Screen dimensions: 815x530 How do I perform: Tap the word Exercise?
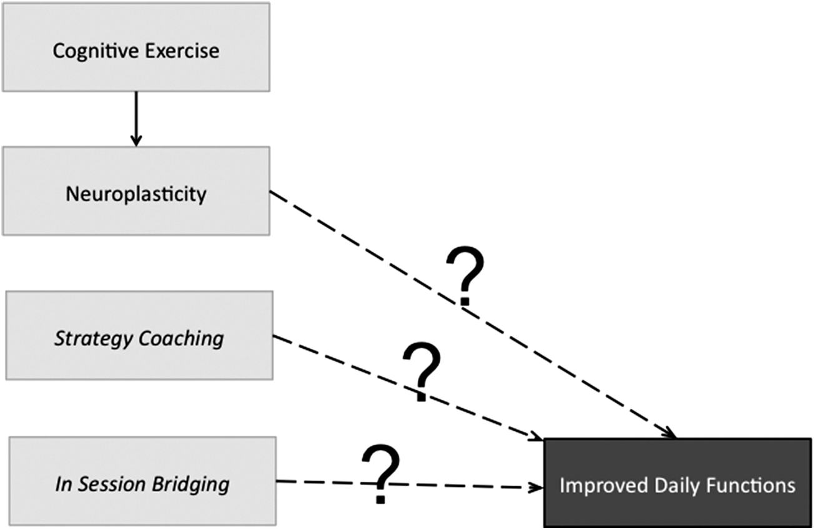[x=182, y=51]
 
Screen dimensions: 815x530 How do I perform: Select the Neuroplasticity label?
[x=136, y=195]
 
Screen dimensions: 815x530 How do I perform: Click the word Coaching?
[x=181, y=339]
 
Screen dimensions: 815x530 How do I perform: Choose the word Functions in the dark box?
[x=751, y=485]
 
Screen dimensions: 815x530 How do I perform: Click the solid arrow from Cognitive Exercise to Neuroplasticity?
[x=136, y=119]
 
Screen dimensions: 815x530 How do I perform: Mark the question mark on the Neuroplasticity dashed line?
[x=465, y=276]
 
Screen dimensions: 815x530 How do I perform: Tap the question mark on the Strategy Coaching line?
[x=422, y=371]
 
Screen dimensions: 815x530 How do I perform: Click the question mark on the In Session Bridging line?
[x=380, y=474]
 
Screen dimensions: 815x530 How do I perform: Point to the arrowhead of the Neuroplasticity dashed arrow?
[x=670, y=433]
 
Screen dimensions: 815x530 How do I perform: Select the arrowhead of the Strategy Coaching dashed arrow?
[x=536, y=436]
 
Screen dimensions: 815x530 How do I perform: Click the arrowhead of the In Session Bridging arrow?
[x=536, y=488]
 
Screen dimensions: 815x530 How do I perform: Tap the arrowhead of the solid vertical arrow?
[x=136, y=141]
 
